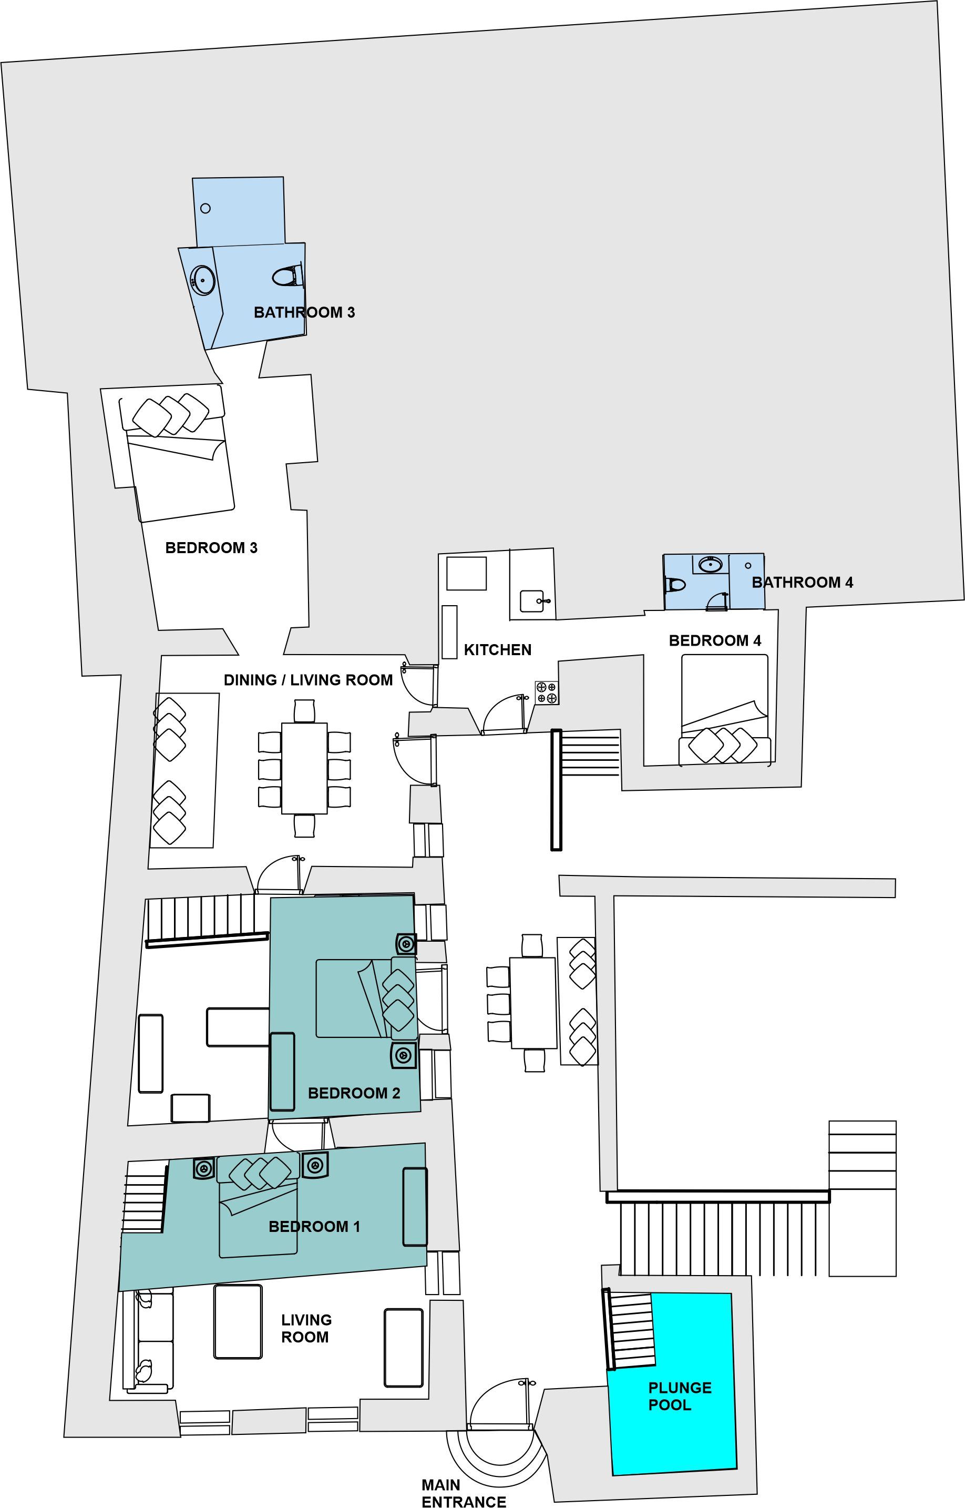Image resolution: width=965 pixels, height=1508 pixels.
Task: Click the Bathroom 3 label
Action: click(304, 312)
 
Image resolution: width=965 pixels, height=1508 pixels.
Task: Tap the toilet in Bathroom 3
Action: click(288, 276)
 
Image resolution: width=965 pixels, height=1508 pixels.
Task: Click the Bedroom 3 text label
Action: click(211, 548)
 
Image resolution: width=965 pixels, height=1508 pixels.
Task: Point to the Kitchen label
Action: click(498, 650)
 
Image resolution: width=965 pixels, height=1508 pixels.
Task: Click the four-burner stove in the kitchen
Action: click(547, 693)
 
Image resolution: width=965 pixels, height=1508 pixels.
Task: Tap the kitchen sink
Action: click(532, 600)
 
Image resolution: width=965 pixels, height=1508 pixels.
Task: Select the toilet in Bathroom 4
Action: click(675, 585)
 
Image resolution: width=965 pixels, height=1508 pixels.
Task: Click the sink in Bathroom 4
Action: click(711, 565)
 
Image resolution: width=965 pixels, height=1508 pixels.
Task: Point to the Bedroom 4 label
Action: click(715, 640)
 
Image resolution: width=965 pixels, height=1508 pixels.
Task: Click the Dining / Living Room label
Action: click(309, 680)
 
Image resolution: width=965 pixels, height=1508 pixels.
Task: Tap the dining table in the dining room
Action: click(304, 768)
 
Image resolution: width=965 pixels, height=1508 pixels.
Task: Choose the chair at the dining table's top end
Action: click(304, 711)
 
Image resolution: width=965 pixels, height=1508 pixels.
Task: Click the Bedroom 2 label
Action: click(354, 1093)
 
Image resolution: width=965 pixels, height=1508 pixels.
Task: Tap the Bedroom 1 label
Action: click(314, 1227)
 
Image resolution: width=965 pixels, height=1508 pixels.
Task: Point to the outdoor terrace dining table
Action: click(533, 1003)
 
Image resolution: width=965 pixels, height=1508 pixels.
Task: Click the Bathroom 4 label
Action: click(802, 582)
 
